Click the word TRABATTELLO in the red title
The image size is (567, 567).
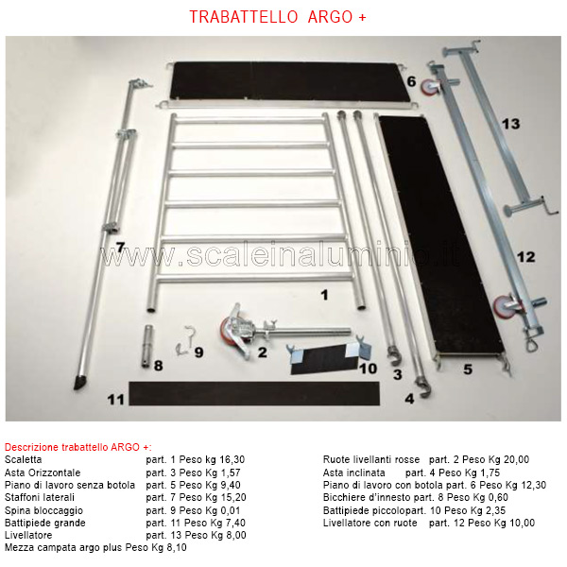pos(244,17)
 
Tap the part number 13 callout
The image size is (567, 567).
pos(511,124)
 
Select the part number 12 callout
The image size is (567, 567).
pos(525,257)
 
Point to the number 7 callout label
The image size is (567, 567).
pos(120,248)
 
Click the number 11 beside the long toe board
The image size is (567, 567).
pos(115,400)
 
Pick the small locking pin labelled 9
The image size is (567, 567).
pos(185,340)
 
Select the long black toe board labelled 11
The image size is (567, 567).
pos(254,393)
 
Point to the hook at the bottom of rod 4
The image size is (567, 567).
pos(423,387)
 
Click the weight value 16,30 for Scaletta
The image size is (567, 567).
pos(232,459)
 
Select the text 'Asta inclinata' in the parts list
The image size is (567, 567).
pos(353,472)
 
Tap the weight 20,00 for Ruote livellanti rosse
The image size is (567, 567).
pos(516,459)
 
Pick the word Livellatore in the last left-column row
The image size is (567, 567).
pos(28,535)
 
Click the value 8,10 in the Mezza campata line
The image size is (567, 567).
pos(177,547)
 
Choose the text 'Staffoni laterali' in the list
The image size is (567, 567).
pos(40,497)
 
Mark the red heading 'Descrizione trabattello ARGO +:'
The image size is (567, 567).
pos(78,447)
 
